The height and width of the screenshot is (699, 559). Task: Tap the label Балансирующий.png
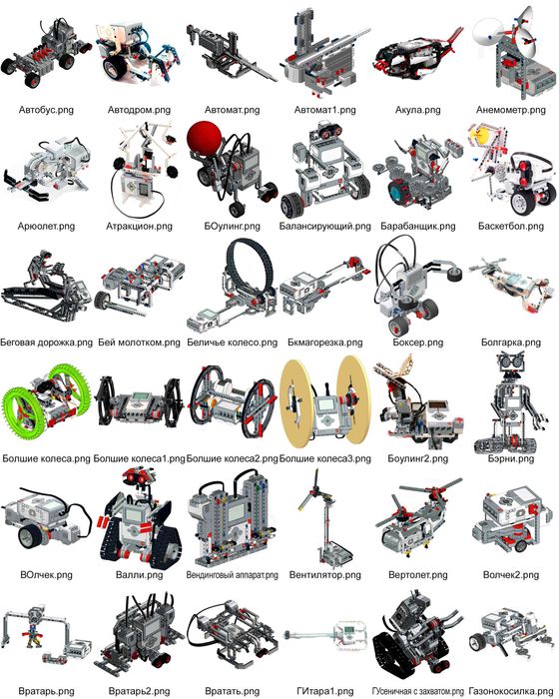324,227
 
